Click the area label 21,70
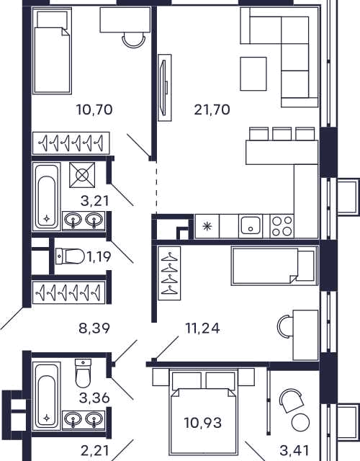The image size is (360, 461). point(212,110)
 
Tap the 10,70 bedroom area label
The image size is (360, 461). point(94,110)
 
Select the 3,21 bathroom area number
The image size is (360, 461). point(94,201)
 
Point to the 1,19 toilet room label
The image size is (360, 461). point(99,256)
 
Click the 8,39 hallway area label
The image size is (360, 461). point(94,328)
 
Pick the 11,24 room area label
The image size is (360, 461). point(202,328)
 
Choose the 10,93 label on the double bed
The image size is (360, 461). point(203,423)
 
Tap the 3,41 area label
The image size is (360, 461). point(294,450)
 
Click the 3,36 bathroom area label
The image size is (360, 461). point(94,398)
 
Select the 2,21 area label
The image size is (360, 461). point(94,450)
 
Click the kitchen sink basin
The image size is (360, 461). point(251,225)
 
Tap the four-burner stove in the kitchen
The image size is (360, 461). point(282,226)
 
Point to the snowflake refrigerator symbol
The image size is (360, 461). point(207,226)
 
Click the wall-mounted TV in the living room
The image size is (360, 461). point(164,88)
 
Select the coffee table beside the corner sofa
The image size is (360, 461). point(253,73)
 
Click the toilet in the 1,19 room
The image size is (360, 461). point(71,256)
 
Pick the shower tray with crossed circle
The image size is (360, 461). point(82,175)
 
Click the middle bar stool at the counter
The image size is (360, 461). point(282,133)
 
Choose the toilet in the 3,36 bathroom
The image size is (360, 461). point(84,373)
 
